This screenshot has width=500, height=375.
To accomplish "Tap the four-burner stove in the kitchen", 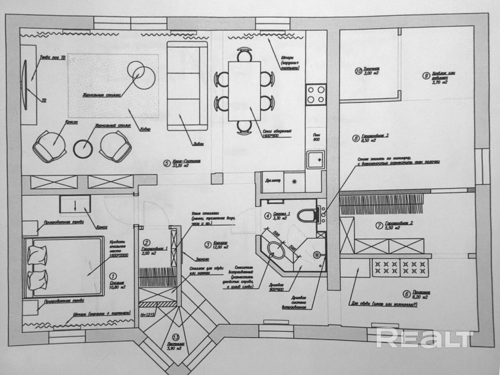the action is [x=316, y=94].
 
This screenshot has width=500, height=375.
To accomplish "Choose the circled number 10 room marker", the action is [x=358, y=71].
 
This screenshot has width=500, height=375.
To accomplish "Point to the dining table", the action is [x=245, y=91].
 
